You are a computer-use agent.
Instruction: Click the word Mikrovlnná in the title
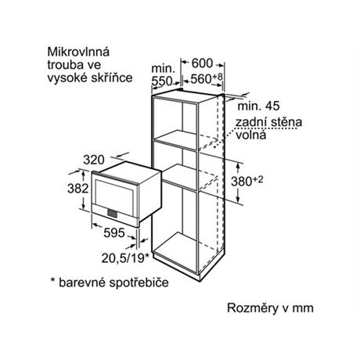(78, 52)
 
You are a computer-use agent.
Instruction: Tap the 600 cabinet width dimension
(202, 63)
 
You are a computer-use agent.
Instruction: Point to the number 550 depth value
(162, 81)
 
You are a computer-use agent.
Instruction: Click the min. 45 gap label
(258, 106)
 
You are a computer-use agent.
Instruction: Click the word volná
(251, 135)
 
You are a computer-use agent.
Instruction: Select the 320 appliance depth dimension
(94, 160)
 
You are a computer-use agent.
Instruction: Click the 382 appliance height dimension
(78, 188)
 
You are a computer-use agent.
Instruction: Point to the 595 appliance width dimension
(114, 232)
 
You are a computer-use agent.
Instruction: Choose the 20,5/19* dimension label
(125, 258)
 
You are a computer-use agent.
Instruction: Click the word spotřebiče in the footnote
(139, 283)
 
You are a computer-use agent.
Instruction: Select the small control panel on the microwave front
(112, 213)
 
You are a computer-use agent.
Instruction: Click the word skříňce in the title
(112, 77)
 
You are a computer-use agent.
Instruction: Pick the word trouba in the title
(65, 65)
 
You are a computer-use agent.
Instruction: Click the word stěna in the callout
(286, 122)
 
